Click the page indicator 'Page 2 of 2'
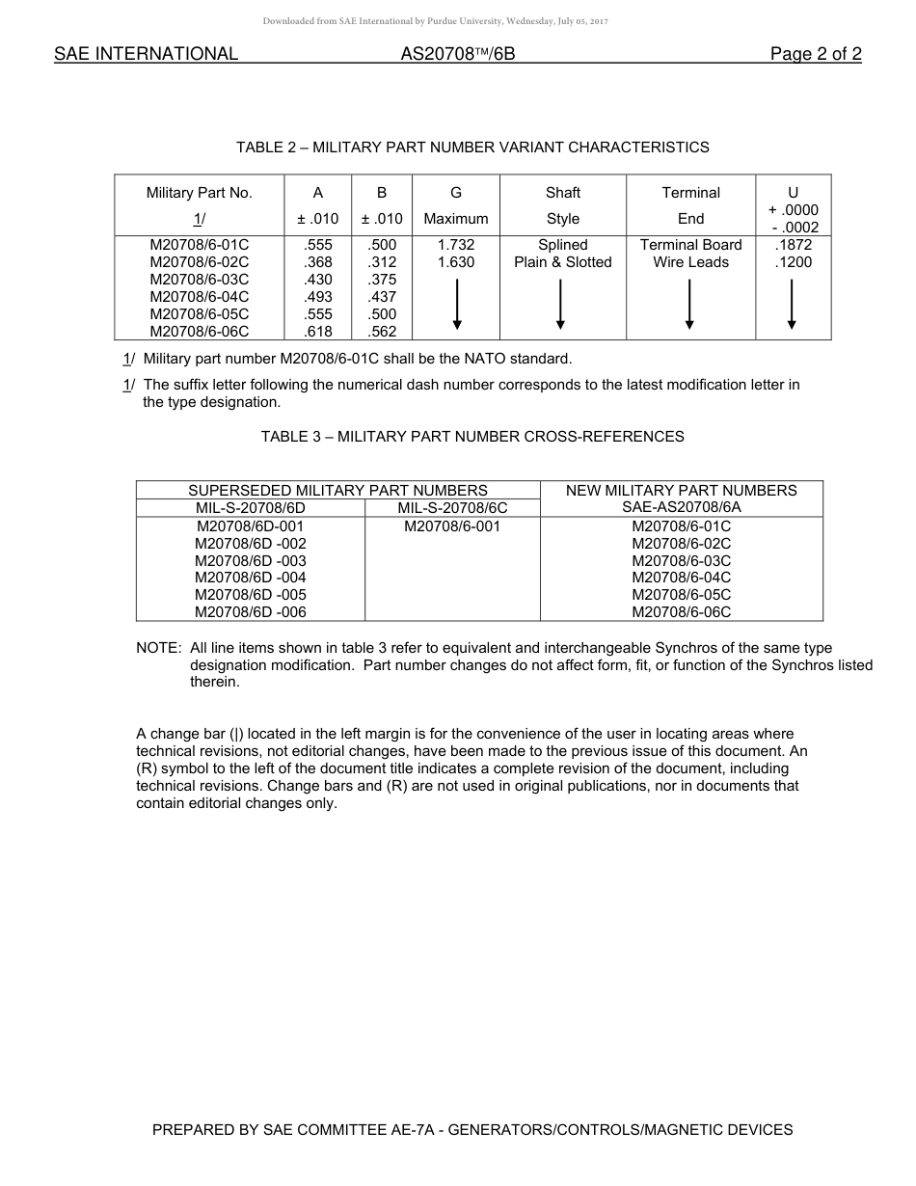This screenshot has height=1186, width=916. (x=815, y=54)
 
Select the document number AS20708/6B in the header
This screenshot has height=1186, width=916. (x=458, y=54)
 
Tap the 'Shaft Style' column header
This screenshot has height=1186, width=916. (x=562, y=205)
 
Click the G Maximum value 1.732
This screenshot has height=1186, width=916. (x=455, y=245)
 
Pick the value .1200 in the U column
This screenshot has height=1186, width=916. (x=793, y=262)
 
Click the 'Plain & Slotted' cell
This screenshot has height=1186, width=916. (x=562, y=262)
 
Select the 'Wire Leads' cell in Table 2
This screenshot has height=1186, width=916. (x=690, y=262)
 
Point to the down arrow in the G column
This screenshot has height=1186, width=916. (x=456, y=305)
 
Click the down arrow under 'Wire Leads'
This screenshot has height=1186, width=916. (x=689, y=305)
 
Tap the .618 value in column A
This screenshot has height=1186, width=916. (x=317, y=332)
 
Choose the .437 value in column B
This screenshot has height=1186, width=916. (x=382, y=297)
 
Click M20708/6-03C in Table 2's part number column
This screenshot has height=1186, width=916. (x=199, y=280)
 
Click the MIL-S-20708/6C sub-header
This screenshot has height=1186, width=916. (x=452, y=507)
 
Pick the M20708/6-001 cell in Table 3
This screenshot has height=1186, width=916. (x=452, y=526)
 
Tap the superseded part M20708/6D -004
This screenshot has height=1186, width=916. (x=251, y=578)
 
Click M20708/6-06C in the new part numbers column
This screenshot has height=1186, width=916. (x=681, y=612)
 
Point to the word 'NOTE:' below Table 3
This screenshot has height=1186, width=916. (x=158, y=648)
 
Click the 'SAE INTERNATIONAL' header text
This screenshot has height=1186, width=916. (x=146, y=54)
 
